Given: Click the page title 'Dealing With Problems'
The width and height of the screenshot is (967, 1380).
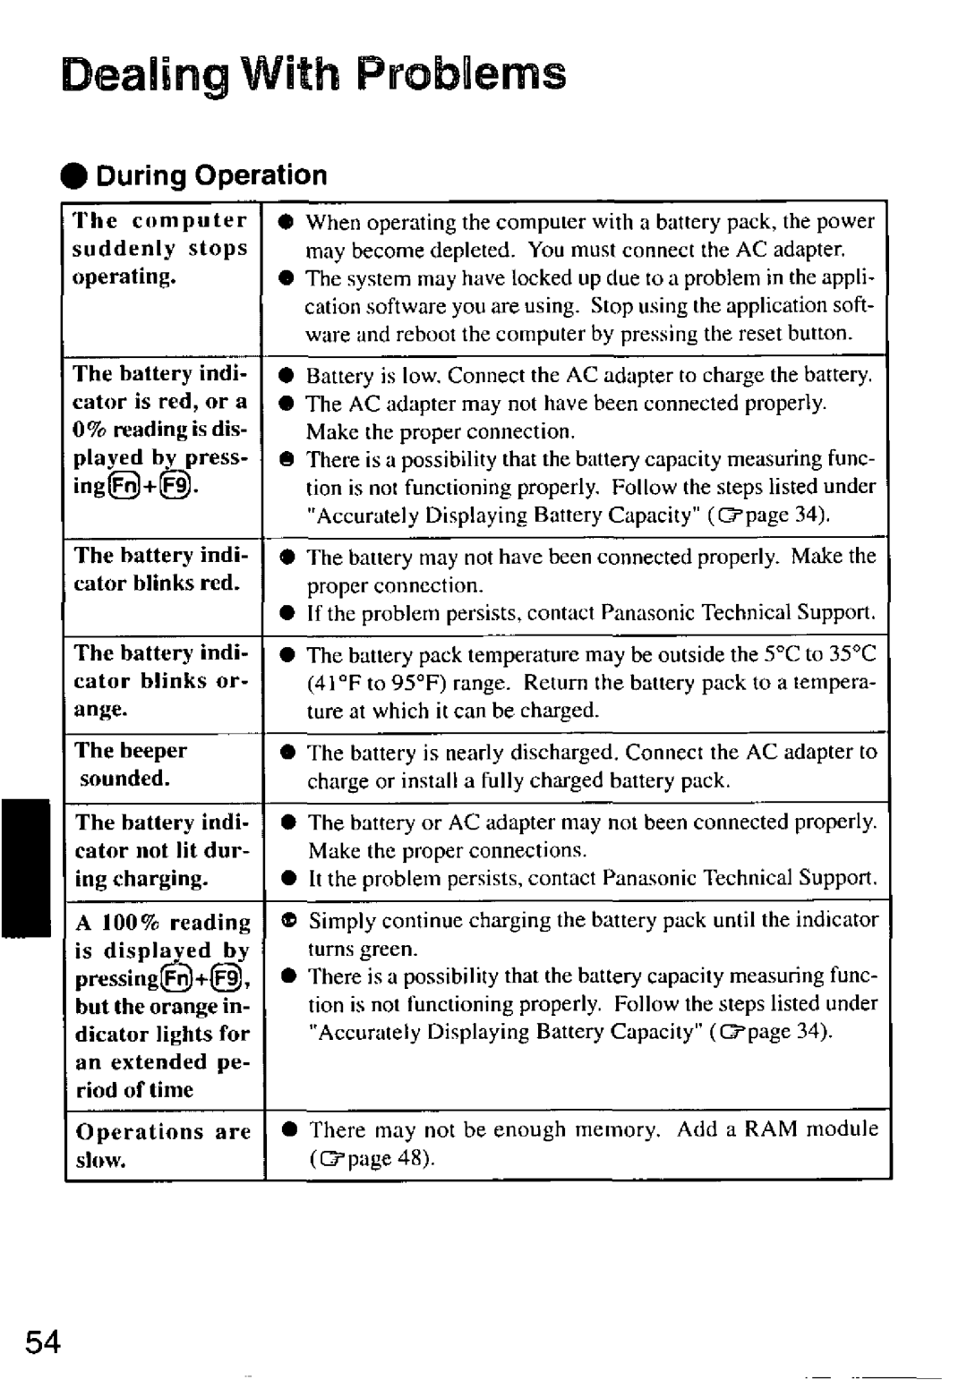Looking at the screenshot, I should pos(314,74).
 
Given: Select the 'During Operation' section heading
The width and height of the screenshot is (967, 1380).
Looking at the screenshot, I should pos(211,175).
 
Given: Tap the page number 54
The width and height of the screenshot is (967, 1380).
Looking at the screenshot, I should pos(44,1342).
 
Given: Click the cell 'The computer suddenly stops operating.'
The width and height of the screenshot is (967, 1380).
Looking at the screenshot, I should pos(160,249).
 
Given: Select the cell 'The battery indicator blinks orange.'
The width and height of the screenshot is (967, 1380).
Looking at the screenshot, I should pos(160,681).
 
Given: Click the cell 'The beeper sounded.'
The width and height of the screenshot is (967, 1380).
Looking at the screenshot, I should pos(131,764).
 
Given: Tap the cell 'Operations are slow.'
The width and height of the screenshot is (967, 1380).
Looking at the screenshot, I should pos(162,1146).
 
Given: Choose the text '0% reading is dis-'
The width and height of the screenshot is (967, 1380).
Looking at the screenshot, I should pos(160,430).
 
